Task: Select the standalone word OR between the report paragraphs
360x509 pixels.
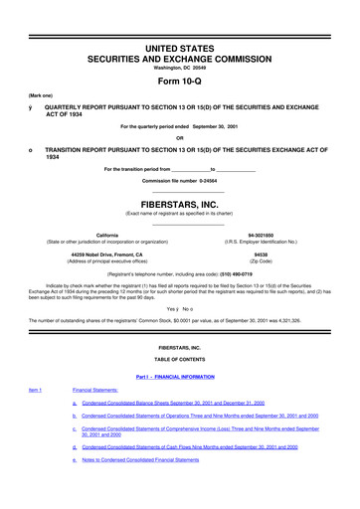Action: click(x=179, y=138)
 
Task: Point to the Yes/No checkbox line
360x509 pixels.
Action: click(x=179, y=309)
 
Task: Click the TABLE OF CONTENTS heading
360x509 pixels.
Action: click(x=179, y=358)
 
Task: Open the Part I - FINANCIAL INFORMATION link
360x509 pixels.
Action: click(x=179, y=375)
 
